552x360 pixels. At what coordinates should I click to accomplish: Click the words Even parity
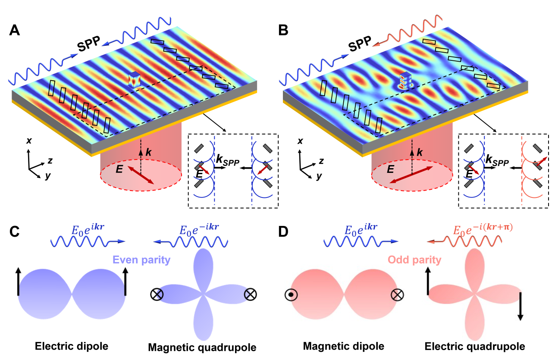click(141, 260)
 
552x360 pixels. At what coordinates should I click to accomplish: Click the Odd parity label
click(414, 260)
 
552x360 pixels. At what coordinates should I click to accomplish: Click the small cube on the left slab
click(135, 80)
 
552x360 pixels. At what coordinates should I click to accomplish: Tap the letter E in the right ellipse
click(390, 169)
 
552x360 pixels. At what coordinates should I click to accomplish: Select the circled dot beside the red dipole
click(291, 295)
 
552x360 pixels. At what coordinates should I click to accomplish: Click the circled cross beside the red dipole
click(397, 295)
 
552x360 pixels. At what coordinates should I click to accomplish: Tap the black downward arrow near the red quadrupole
click(521, 306)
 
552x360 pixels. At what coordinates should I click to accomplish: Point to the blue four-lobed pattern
click(203, 294)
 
